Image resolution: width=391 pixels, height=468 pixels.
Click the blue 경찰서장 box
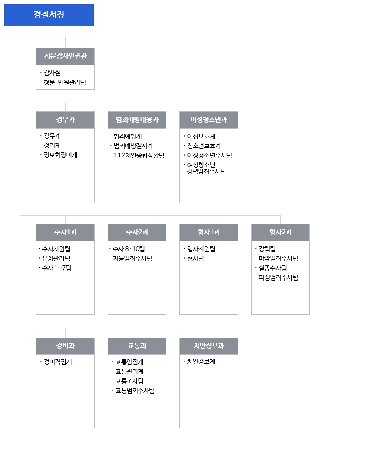click(x=49, y=15)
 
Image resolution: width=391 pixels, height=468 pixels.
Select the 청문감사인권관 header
click(x=65, y=57)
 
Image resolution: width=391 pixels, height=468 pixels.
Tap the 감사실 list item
click(x=52, y=73)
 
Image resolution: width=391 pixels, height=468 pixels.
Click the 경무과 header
click(x=65, y=120)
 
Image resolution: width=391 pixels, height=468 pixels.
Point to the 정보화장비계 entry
click(x=60, y=155)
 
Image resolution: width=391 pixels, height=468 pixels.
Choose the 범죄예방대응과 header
click(x=137, y=120)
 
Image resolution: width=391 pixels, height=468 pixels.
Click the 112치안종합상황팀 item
click(x=139, y=155)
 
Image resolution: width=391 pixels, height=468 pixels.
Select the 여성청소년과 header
click(x=209, y=120)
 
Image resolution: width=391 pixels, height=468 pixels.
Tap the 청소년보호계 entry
click(x=204, y=146)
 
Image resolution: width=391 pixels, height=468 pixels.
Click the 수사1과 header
click(x=65, y=233)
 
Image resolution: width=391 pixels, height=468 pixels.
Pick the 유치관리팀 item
click(x=56, y=258)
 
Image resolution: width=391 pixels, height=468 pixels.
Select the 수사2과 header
click(x=137, y=233)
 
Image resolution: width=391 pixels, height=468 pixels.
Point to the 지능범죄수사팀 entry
click(x=133, y=258)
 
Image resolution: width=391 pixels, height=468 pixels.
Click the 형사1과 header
click(x=209, y=233)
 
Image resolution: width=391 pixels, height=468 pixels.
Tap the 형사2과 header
click(x=281, y=233)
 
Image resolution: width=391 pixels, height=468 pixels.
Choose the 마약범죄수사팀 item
click(x=278, y=258)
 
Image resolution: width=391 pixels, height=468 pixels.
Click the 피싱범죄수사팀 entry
click(x=278, y=277)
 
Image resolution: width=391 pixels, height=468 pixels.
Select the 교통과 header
click(x=137, y=346)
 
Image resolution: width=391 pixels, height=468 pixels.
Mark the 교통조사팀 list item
click(x=129, y=381)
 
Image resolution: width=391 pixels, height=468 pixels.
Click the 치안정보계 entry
click(x=201, y=362)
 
